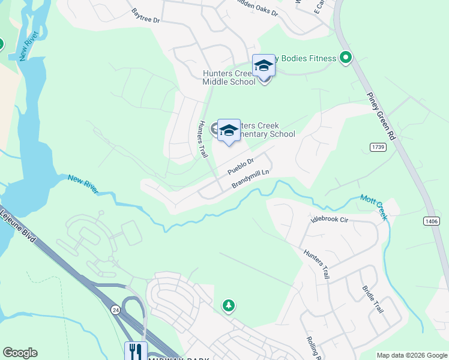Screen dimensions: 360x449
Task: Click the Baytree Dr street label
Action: [x=147, y=16]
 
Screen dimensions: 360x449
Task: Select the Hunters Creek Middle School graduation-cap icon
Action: [x=264, y=65]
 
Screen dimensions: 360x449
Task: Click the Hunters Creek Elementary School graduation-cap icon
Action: [x=229, y=130]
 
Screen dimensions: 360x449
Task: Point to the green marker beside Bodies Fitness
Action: [x=345, y=58]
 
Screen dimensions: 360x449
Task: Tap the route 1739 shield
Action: [x=378, y=146]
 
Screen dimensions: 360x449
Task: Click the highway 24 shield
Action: [x=115, y=309]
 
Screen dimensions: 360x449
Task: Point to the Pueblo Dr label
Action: [x=242, y=166]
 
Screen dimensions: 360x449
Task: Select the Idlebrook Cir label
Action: [x=329, y=220]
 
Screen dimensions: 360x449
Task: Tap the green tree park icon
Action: [x=228, y=306]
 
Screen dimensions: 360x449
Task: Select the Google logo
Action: [x=20, y=353]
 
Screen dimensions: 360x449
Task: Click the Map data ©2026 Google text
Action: [x=411, y=355]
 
